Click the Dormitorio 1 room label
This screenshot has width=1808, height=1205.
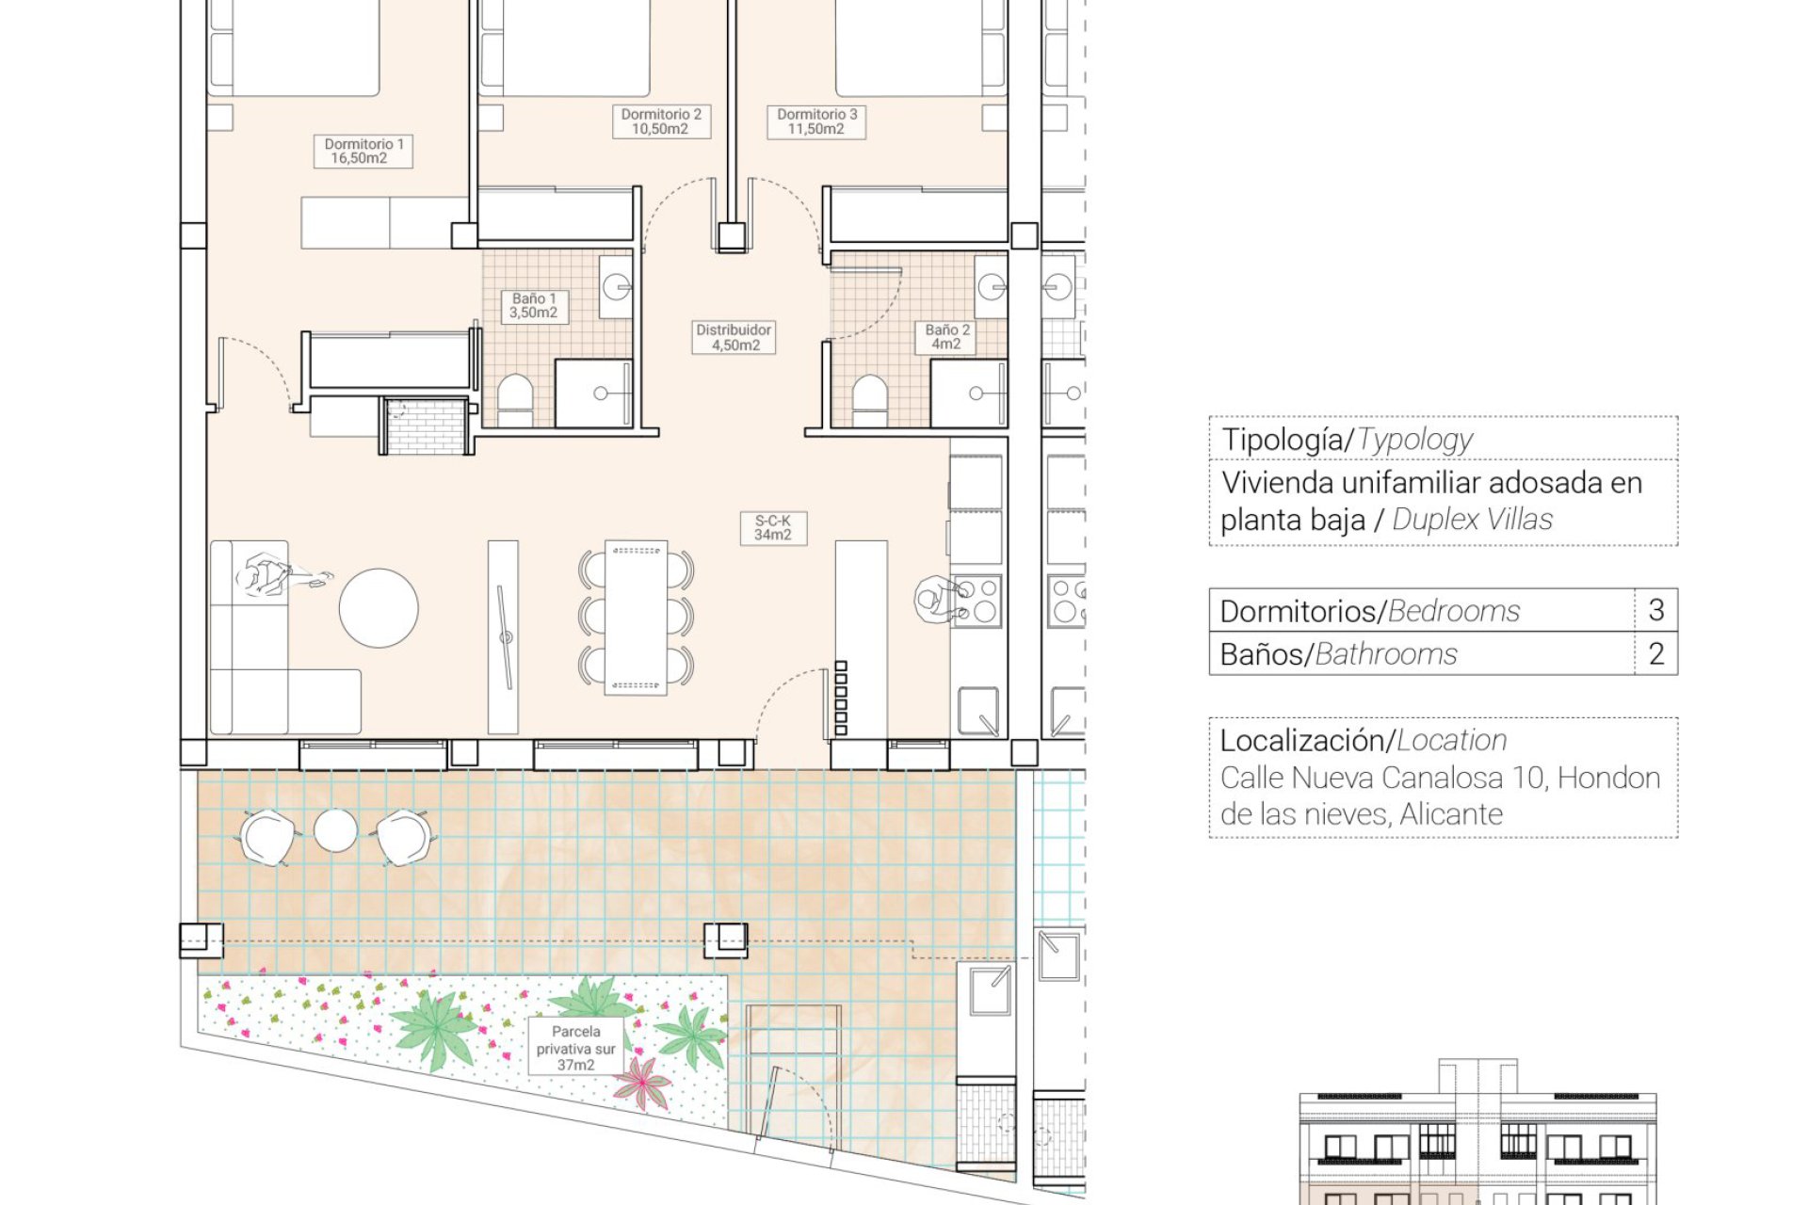(363, 151)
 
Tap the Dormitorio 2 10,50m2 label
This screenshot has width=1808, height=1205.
(660, 121)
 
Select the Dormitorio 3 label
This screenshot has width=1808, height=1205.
(816, 121)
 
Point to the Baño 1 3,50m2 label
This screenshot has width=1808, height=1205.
(534, 306)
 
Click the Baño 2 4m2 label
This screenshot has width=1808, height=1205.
(946, 337)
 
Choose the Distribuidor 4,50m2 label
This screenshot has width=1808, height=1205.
(734, 337)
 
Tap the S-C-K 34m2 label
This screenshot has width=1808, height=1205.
(773, 528)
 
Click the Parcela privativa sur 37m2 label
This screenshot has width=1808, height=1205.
(576, 1048)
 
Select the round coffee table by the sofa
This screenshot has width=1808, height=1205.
(379, 608)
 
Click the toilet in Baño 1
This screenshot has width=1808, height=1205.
(515, 402)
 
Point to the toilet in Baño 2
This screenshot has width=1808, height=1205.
(869, 402)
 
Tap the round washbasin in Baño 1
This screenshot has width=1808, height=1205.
(617, 286)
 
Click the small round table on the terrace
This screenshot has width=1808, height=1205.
(335, 830)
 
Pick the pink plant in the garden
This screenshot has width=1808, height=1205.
(642, 1083)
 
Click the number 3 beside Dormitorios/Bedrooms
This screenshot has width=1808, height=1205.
(1656, 610)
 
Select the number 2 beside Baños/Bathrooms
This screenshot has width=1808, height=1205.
(1656, 653)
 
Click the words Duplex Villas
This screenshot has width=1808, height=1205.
(1472, 520)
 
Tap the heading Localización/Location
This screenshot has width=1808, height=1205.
(1364, 741)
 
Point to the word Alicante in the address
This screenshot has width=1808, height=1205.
(1451, 814)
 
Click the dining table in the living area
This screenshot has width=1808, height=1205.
(636, 618)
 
